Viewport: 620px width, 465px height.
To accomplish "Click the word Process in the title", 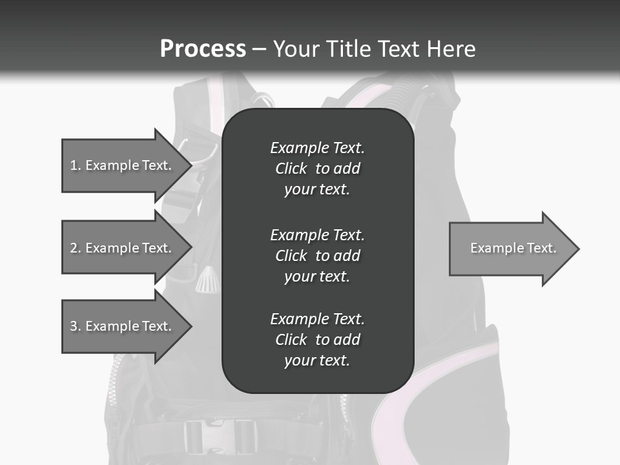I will click(203, 49).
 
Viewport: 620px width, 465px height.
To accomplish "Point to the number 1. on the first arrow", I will click(76, 165).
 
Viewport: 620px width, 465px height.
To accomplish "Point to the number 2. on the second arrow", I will click(76, 248).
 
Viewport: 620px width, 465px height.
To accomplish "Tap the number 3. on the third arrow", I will click(76, 326).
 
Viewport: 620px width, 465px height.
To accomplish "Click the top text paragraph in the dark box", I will click(317, 169).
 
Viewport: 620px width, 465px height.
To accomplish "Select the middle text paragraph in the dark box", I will click(317, 255).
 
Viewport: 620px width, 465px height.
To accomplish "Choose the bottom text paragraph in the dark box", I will click(317, 340).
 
